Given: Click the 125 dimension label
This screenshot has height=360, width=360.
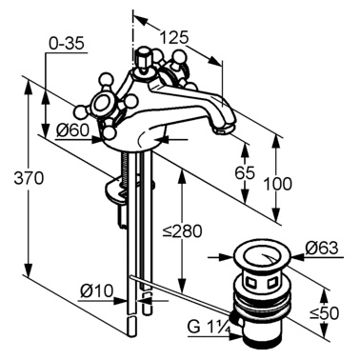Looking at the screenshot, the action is click(173, 38).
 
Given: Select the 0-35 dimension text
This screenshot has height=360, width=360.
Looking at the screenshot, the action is click(67, 43).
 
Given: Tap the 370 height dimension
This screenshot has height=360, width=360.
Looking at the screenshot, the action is click(29, 178).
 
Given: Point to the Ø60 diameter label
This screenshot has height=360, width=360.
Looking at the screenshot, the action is click(72, 130).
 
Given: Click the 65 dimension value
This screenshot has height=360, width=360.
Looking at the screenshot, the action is click(245, 172).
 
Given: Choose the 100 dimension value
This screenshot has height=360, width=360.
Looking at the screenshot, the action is click(278, 184).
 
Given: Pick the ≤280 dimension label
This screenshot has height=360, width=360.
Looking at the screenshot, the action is click(183, 231).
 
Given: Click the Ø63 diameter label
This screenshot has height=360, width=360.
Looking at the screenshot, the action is click(322, 248).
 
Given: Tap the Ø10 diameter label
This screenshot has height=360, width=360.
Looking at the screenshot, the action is click(97, 290).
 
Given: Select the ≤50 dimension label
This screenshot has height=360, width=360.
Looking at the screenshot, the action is click(325, 313).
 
